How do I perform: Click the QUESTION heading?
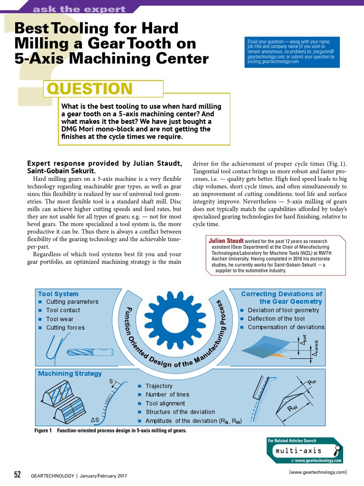(90, 89)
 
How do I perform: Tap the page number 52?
(18, 475)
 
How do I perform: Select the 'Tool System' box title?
(58, 294)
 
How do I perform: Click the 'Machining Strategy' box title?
(70, 374)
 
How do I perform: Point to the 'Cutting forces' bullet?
(65, 327)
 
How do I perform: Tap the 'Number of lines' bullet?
(167, 394)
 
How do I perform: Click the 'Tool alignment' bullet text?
(165, 403)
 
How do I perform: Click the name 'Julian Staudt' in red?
(226, 241)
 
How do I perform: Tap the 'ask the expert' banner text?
(79, 9)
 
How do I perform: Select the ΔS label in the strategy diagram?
(95, 420)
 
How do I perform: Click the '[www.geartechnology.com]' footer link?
(318, 472)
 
